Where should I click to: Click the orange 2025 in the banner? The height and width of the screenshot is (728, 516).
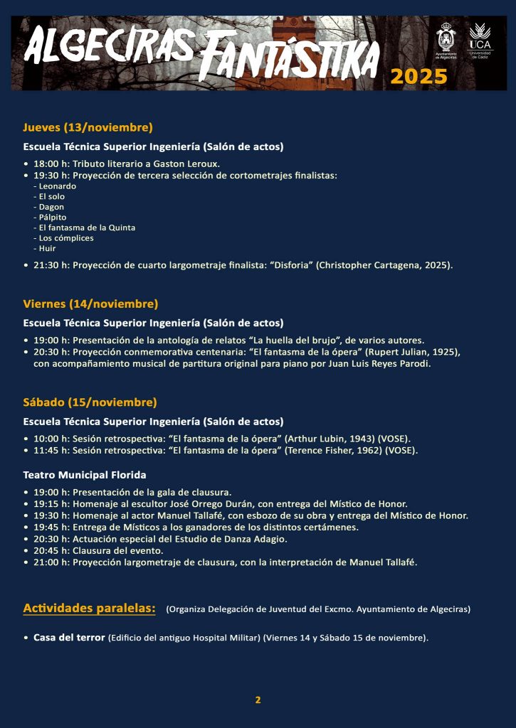point(418,76)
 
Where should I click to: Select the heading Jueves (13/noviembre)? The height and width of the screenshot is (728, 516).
point(88,128)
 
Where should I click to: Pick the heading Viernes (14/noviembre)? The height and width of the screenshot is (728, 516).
point(90,304)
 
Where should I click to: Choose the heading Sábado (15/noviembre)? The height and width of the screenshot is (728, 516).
point(90,402)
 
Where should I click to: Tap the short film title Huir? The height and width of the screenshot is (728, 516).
point(47,248)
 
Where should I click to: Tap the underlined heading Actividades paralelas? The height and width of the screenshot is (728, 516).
point(89,608)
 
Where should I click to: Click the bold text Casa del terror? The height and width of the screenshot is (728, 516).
point(69,637)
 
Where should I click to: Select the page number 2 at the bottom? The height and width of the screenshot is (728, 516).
point(258,700)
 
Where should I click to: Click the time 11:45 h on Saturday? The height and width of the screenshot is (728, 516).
point(51,450)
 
